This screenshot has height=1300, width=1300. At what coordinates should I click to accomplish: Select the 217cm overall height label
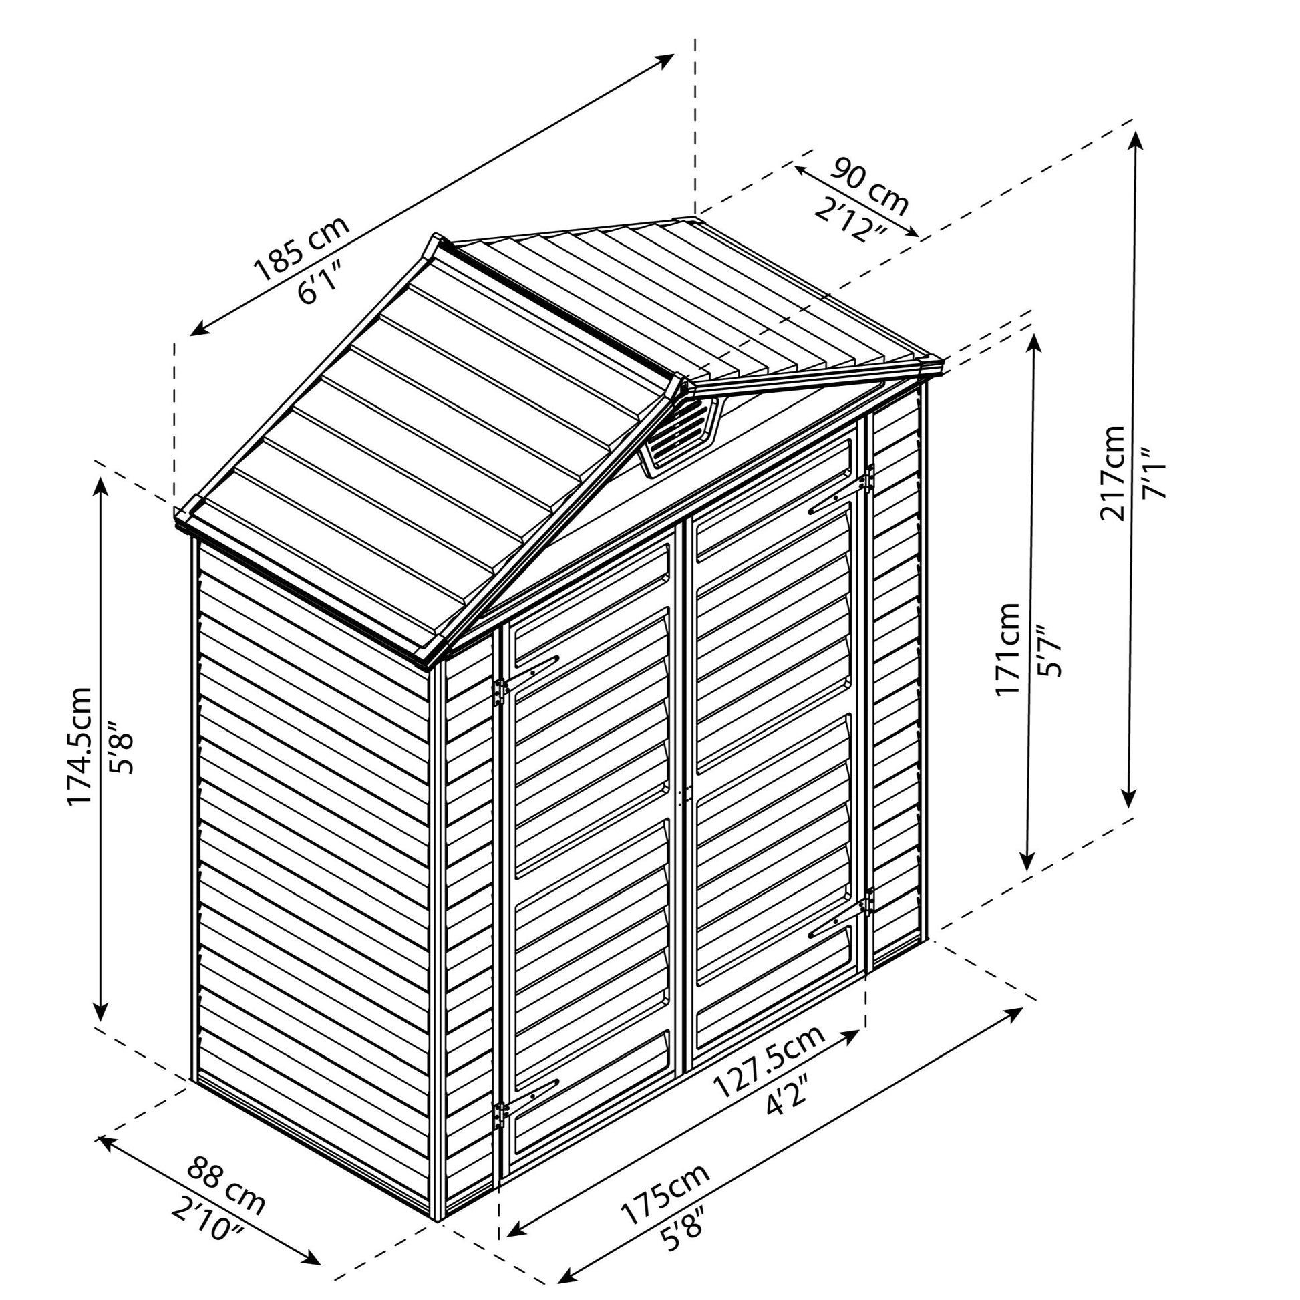[1111, 472]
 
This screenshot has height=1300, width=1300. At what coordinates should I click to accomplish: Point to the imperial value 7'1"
[1152, 473]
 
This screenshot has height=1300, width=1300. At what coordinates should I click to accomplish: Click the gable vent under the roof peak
[677, 434]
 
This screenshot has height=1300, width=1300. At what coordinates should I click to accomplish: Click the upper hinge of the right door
[867, 478]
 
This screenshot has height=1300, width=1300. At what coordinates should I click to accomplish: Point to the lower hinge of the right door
[867, 901]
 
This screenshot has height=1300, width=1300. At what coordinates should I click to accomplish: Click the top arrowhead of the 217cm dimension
[1136, 140]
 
